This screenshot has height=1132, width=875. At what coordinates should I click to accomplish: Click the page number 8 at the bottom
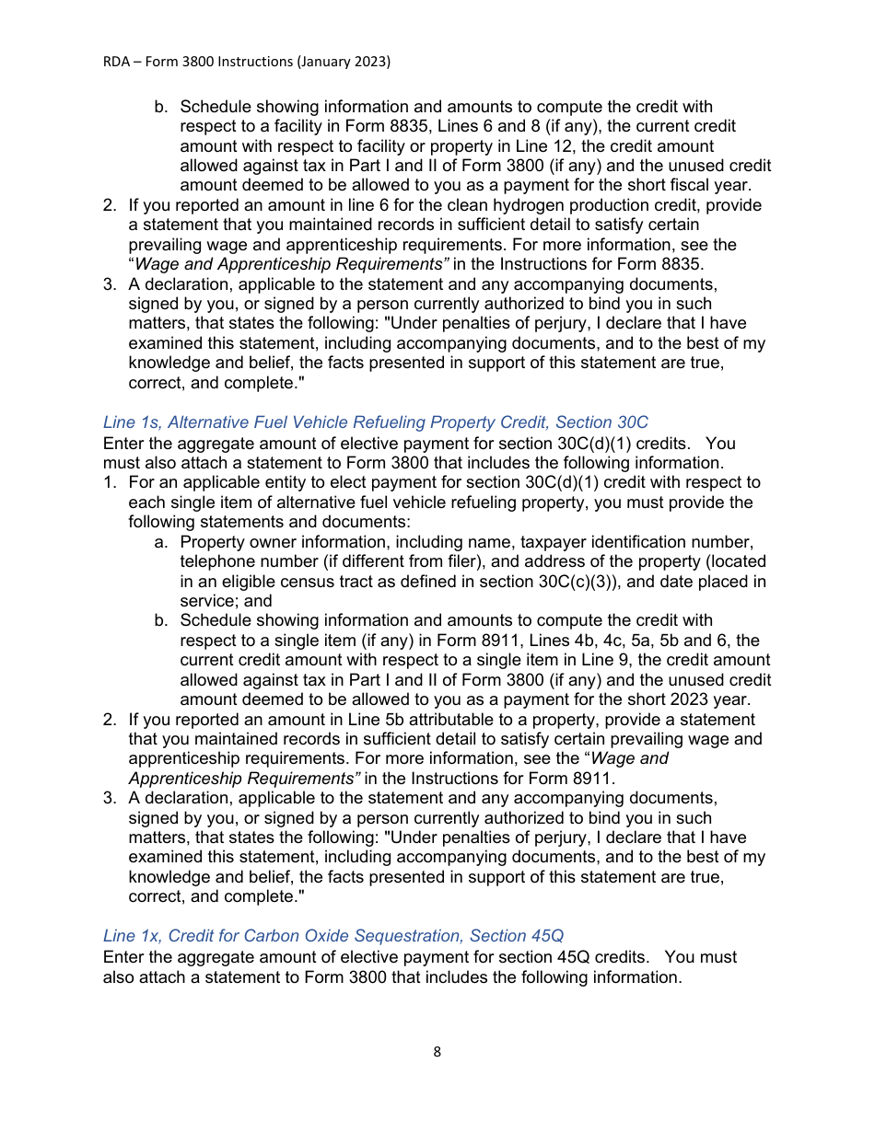click(437, 1052)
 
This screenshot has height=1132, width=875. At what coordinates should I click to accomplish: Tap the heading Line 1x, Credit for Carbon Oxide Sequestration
click(332, 936)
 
